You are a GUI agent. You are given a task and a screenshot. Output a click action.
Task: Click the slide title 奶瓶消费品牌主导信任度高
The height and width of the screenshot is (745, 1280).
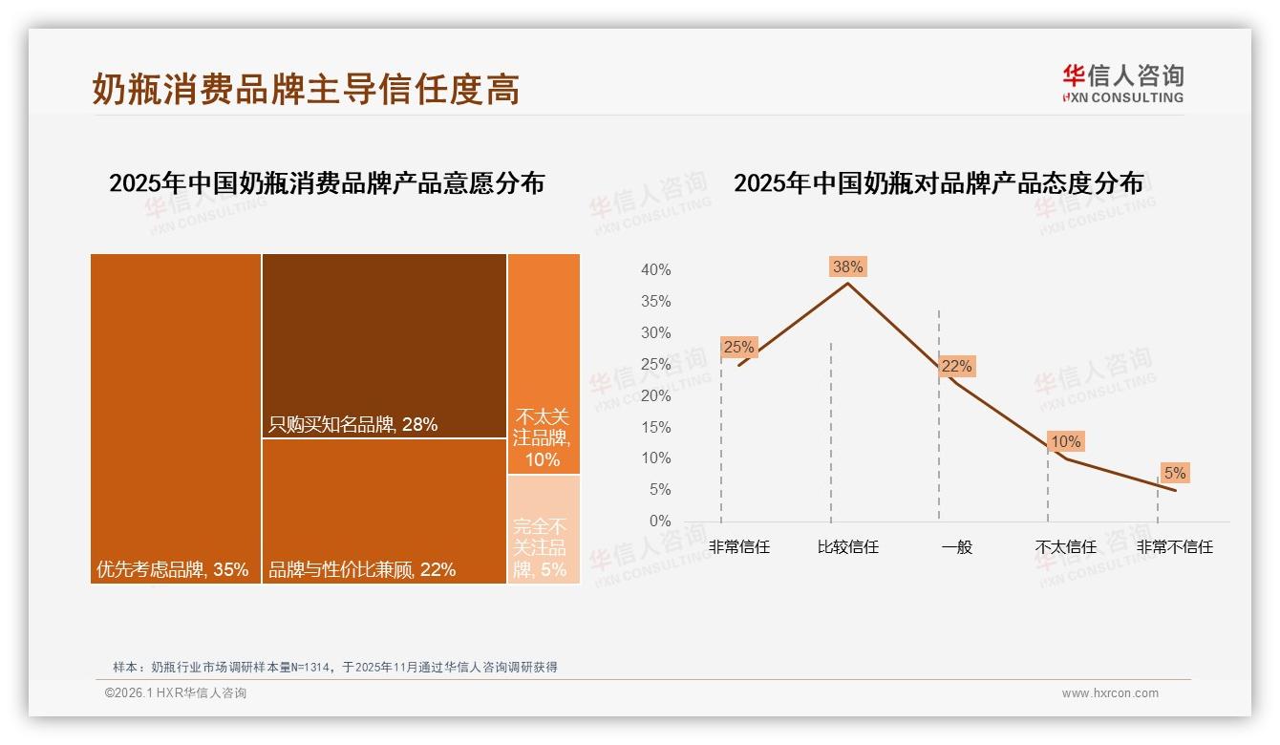306,89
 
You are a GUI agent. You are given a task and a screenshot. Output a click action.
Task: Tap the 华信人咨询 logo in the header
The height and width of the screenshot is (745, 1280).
1122,83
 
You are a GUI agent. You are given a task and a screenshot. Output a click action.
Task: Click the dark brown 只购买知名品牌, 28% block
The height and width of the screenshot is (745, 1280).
384,346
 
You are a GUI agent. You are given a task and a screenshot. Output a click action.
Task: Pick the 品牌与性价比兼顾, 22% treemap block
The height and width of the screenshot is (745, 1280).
384,511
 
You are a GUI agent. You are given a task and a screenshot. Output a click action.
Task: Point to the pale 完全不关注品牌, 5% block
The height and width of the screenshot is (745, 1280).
544,529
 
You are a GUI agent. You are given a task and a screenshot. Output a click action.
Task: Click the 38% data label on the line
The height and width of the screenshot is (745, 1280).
847,266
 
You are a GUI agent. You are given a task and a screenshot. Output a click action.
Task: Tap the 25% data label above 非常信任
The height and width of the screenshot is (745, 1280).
738,348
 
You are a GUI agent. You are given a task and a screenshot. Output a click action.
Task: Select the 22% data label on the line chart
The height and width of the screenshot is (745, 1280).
956,366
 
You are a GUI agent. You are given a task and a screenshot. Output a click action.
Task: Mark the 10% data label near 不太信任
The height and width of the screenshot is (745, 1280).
1065,441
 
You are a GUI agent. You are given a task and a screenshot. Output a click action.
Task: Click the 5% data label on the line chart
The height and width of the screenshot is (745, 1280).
1174,473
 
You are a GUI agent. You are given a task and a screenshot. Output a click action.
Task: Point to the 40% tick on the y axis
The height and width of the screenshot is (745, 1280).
655,270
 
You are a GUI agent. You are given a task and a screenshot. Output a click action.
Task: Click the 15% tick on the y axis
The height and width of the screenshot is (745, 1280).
655,427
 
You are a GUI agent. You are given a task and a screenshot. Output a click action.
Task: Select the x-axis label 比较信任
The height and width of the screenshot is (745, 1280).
847,547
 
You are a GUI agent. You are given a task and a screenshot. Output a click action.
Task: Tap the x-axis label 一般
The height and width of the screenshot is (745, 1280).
956,547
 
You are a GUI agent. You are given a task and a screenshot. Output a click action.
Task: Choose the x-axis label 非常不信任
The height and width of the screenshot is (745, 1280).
1174,547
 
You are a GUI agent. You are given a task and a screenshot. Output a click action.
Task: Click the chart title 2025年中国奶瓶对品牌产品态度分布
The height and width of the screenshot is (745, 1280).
938,183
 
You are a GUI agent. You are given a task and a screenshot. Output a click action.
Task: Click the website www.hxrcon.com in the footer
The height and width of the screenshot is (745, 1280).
1110,693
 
